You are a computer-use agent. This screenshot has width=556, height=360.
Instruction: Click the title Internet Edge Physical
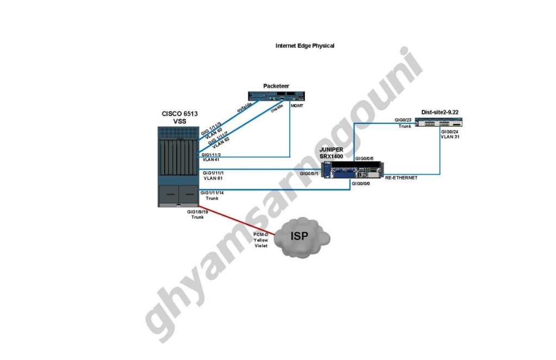click(304, 46)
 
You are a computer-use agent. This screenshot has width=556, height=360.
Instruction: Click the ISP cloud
click(302, 238)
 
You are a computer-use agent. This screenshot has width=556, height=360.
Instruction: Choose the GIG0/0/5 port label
click(364, 158)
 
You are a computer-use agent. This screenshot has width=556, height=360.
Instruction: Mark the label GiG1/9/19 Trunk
click(197, 214)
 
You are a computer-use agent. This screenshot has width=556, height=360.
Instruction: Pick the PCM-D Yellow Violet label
click(261, 240)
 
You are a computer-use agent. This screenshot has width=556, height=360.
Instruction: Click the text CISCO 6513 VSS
click(180, 117)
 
